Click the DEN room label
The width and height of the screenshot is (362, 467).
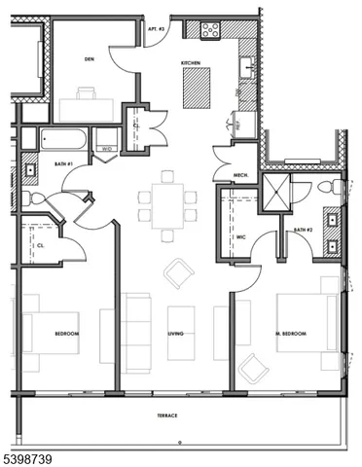89,58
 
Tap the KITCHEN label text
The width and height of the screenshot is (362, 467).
191,63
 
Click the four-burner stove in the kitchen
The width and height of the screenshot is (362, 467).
210,29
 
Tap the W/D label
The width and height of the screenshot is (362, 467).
107,148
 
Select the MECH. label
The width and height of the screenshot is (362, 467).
242,175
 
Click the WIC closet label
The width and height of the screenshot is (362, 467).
239,236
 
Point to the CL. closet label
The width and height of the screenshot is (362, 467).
40,245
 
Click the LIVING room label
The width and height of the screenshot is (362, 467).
176,334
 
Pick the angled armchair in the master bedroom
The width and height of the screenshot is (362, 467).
254,369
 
